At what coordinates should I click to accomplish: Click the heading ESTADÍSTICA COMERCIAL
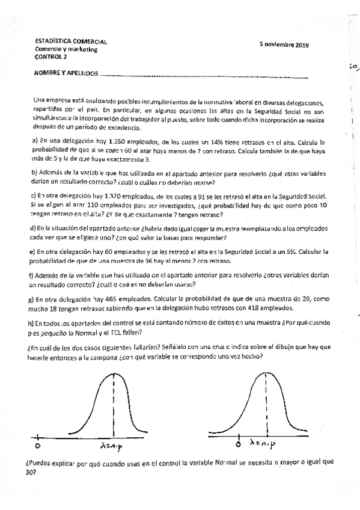coord(70,41)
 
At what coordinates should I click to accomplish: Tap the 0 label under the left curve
coord(38,447)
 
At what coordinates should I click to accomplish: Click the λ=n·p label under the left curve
coord(115,446)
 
